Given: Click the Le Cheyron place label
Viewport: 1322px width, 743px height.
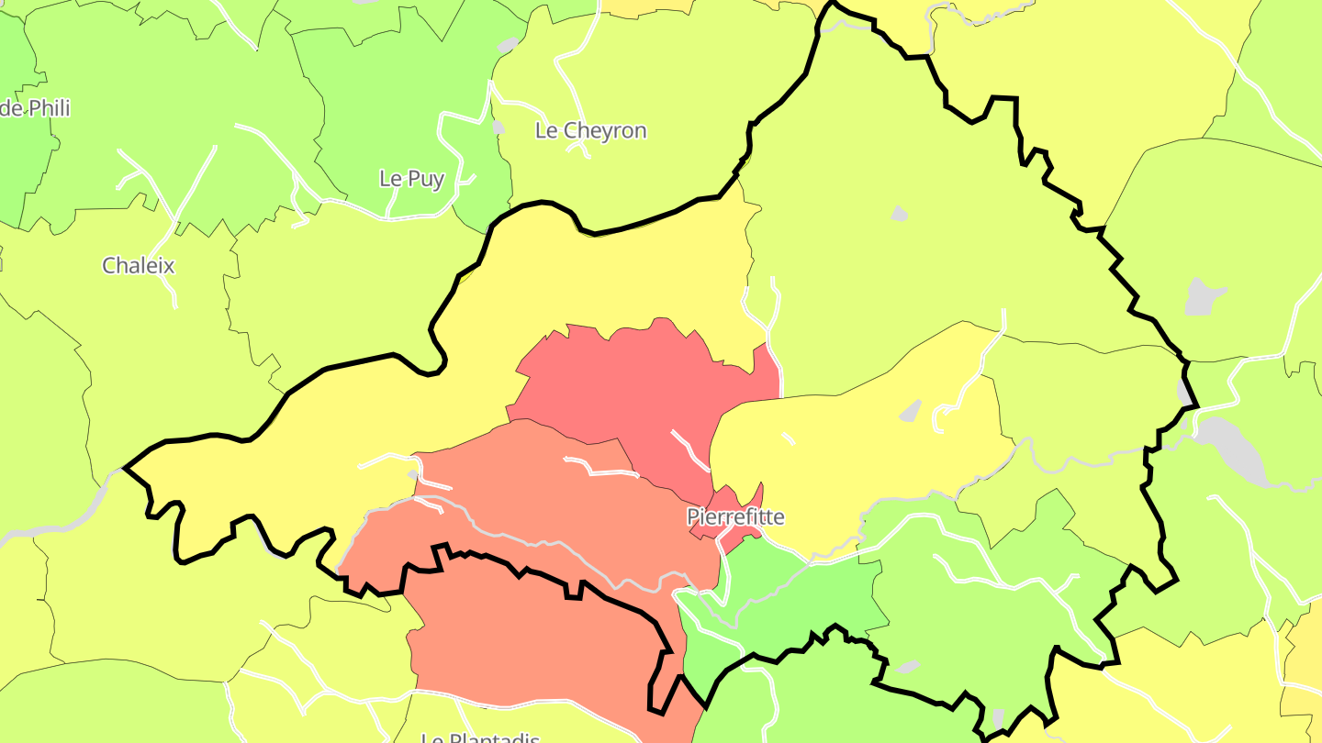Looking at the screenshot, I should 590,131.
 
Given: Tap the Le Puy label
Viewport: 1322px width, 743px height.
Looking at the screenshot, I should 411,179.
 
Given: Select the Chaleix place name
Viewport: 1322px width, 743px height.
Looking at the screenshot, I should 138,266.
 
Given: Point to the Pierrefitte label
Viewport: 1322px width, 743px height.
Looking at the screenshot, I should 735,517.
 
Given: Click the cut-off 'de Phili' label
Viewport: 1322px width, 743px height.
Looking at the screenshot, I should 35,108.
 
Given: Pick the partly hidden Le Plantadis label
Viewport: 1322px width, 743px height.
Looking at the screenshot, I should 479,737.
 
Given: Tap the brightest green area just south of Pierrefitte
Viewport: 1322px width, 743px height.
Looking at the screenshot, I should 780,596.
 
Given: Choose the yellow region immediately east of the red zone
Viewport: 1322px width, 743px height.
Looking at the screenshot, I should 854,459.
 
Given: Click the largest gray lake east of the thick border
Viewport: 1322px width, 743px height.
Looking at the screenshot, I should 1235,449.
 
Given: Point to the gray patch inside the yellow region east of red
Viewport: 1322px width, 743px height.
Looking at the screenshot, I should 910,410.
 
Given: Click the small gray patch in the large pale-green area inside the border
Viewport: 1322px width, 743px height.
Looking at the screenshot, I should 899,214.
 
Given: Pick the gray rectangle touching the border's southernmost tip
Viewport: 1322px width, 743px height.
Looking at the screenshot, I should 998,719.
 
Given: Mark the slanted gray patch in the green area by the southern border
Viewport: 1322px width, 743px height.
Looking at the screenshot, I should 910,666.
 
